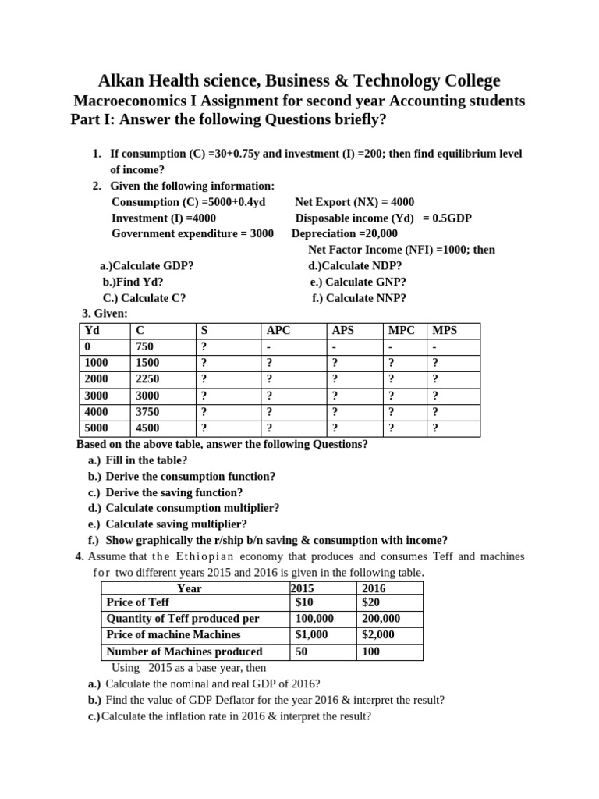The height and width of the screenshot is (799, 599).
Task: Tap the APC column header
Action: pos(278,330)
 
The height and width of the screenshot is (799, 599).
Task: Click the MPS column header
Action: pos(445,330)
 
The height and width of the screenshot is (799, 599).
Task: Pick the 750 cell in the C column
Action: pos(145,346)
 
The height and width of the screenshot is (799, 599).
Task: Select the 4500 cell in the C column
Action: pos(148,428)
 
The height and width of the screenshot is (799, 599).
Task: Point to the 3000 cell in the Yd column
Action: pos(96,396)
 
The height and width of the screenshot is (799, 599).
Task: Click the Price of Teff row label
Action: pos(137,602)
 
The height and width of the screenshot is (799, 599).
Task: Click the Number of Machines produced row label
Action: pos(184,651)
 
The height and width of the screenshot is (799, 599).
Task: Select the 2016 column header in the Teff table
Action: pos(374,588)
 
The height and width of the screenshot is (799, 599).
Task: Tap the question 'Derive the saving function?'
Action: pos(174,492)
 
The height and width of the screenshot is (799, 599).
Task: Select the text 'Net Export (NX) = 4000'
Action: pos(355,201)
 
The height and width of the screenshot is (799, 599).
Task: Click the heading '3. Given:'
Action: pos(104,314)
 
